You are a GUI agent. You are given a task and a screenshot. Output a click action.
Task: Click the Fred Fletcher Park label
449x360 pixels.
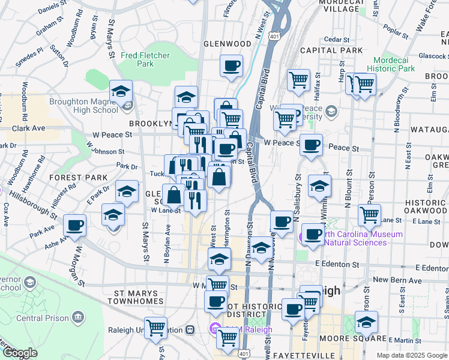click(x=145, y=59)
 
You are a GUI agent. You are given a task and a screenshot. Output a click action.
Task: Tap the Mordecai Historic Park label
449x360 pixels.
click(x=394, y=64)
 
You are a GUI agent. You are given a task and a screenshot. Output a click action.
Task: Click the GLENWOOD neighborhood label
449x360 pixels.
click(x=228, y=44)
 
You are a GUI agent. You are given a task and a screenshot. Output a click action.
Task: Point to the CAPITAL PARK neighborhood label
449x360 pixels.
click(x=332, y=50)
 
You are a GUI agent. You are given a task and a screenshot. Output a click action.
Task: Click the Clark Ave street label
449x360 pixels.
click(x=28, y=128)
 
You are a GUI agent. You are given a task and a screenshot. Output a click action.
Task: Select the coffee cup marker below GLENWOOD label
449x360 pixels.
click(x=231, y=66)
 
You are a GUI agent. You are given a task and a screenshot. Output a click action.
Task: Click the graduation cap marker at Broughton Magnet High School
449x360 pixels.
click(x=121, y=92)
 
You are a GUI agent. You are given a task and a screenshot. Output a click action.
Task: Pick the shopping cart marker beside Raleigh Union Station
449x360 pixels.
click(x=156, y=327)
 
